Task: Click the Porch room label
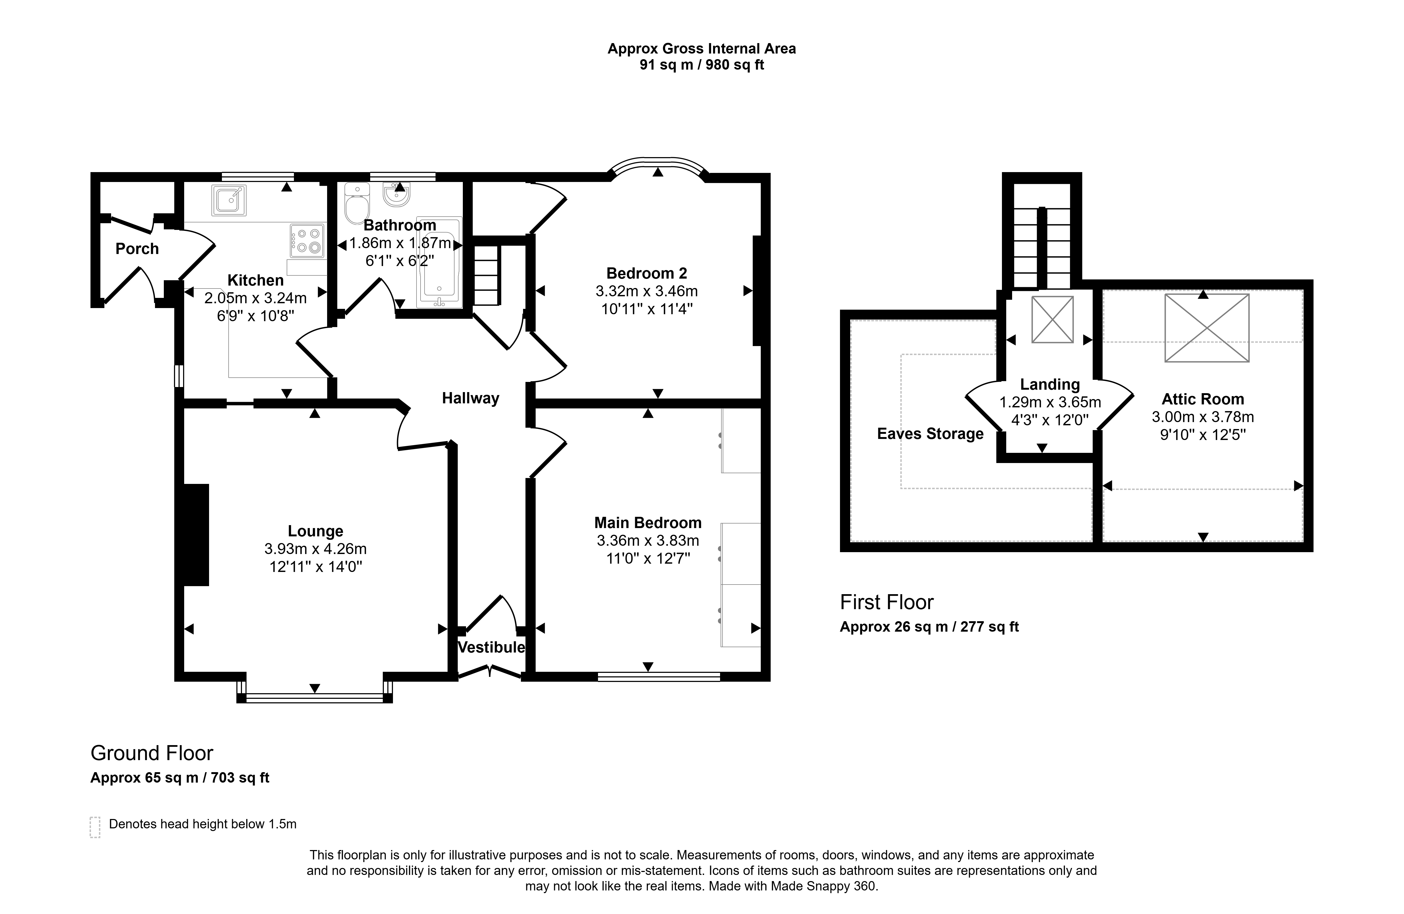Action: click(x=137, y=249)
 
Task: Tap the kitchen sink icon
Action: click(x=229, y=200)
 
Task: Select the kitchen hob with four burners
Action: click(x=307, y=241)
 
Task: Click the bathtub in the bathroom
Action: click(x=440, y=262)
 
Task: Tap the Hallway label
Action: click(x=470, y=399)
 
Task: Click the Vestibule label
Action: click(x=491, y=647)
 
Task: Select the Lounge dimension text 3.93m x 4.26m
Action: click(x=316, y=549)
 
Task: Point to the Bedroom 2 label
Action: click(x=646, y=274)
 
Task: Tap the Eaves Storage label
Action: click(x=930, y=434)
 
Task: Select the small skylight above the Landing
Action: click(x=1053, y=320)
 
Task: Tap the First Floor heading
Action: click(x=887, y=602)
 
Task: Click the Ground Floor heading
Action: click(x=152, y=753)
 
